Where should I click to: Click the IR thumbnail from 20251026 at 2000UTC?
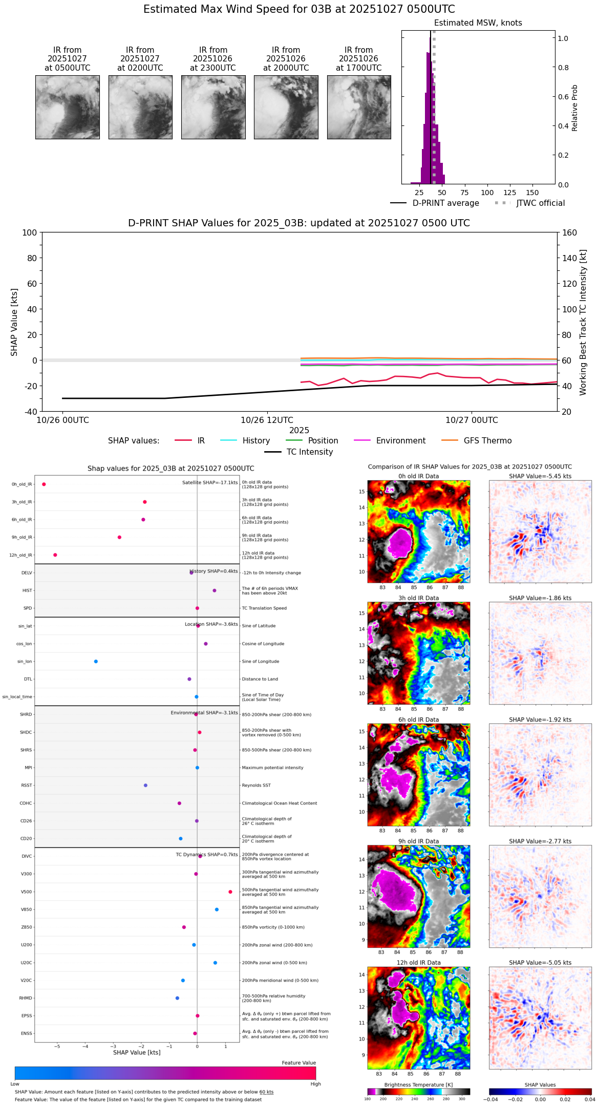coord(286,107)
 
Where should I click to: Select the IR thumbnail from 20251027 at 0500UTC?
coord(67,107)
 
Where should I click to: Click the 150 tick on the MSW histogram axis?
coord(532,193)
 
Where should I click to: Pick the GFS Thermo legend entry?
coord(487,441)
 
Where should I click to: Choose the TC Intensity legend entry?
coord(309,452)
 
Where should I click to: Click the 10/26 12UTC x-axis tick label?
coord(267,420)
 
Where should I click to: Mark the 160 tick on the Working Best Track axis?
coord(570,233)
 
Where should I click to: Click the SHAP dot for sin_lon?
coord(96,662)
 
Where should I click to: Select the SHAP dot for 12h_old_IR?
coord(55,555)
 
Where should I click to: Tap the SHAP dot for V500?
coord(230,892)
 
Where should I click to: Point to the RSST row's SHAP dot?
coord(145,785)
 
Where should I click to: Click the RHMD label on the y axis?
coord(26,998)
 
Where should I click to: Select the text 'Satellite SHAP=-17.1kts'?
coord(210,483)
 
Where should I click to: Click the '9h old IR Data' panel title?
coord(418,841)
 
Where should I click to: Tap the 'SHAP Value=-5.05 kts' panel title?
coord(540,963)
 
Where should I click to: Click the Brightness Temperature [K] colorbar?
coord(418,1092)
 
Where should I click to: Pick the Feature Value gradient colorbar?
coord(165,1073)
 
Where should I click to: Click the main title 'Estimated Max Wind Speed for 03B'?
coord(299,10)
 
